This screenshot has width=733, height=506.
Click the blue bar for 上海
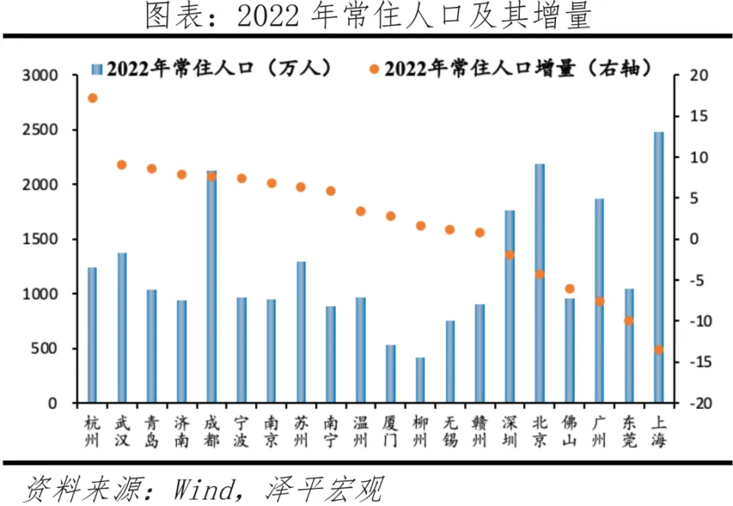coord(658,267)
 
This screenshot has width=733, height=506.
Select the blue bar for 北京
coord(539,283)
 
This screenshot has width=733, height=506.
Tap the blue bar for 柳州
coord(420,380)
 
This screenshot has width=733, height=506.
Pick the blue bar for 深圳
coord(509,306)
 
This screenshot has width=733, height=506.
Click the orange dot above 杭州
coord(92,98)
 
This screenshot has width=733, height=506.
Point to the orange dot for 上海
coord(658,350)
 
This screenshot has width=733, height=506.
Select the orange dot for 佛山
coord(569,288)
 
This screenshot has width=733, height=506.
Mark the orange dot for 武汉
coord(122,165)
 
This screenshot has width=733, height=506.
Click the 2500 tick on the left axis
coord(40,131)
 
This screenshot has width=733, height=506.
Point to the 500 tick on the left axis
coord(46,349)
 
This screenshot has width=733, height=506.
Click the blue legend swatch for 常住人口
coord(95,69)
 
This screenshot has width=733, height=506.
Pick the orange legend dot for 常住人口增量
coord(374,69)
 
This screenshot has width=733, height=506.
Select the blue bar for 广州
coord(599,301)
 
